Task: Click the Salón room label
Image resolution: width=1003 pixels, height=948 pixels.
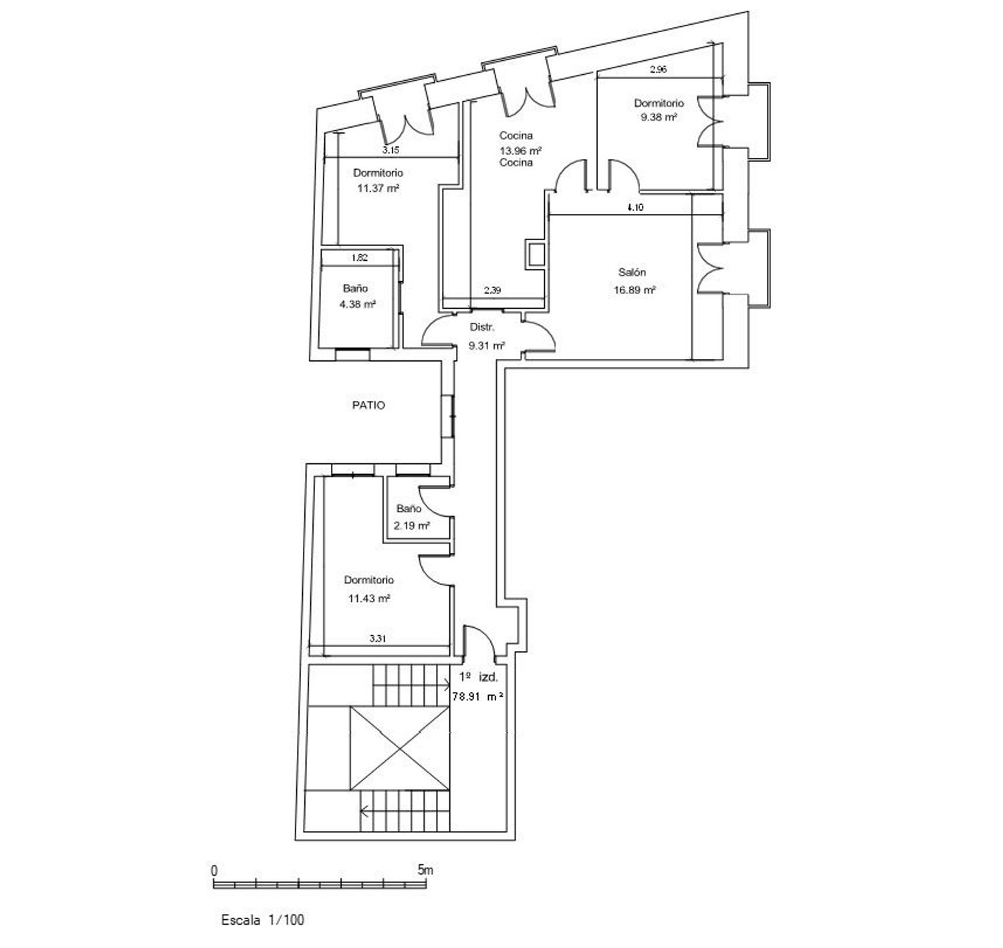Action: click(x=632, y=273)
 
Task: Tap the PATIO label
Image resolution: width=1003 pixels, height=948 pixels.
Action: click(x=368, y=405)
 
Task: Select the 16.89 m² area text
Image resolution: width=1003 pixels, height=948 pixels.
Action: click(x=634, y=290)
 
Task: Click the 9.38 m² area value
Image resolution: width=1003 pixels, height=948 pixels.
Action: click(x=659, y=117)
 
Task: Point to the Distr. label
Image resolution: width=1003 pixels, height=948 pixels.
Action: click(x=481, y=327)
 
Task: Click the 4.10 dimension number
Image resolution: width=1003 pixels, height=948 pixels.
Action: click(x=635, y=207)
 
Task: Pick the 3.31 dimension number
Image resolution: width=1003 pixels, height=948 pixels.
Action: click(x=377, y=638)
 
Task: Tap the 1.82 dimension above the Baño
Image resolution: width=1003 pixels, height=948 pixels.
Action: click(x=359, y=257)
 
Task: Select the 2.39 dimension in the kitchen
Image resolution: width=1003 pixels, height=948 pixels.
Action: click(x=492, y=289)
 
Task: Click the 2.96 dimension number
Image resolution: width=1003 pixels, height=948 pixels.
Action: click(x=658, y=70)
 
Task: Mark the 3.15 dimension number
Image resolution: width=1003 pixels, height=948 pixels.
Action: click(x=391, y=150)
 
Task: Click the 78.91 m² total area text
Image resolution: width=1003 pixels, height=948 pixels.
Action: click(x=478, y=696)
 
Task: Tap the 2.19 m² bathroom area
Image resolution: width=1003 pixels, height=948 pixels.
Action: click(x=411, y=525)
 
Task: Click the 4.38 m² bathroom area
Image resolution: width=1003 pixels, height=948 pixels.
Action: click(x=357, y=305)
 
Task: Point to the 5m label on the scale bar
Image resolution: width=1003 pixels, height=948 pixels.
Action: click(x=425, y=869)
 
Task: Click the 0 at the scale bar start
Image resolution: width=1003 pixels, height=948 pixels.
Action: click(x=214, y=870)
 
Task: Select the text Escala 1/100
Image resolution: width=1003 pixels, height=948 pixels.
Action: click(x=262, y=920)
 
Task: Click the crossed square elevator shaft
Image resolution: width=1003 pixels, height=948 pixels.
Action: click(x=399, y=749)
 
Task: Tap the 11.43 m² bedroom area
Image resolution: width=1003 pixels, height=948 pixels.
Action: click(x=369, y=598)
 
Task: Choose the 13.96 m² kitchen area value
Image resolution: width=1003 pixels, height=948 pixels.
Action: click(x=520, y=150)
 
